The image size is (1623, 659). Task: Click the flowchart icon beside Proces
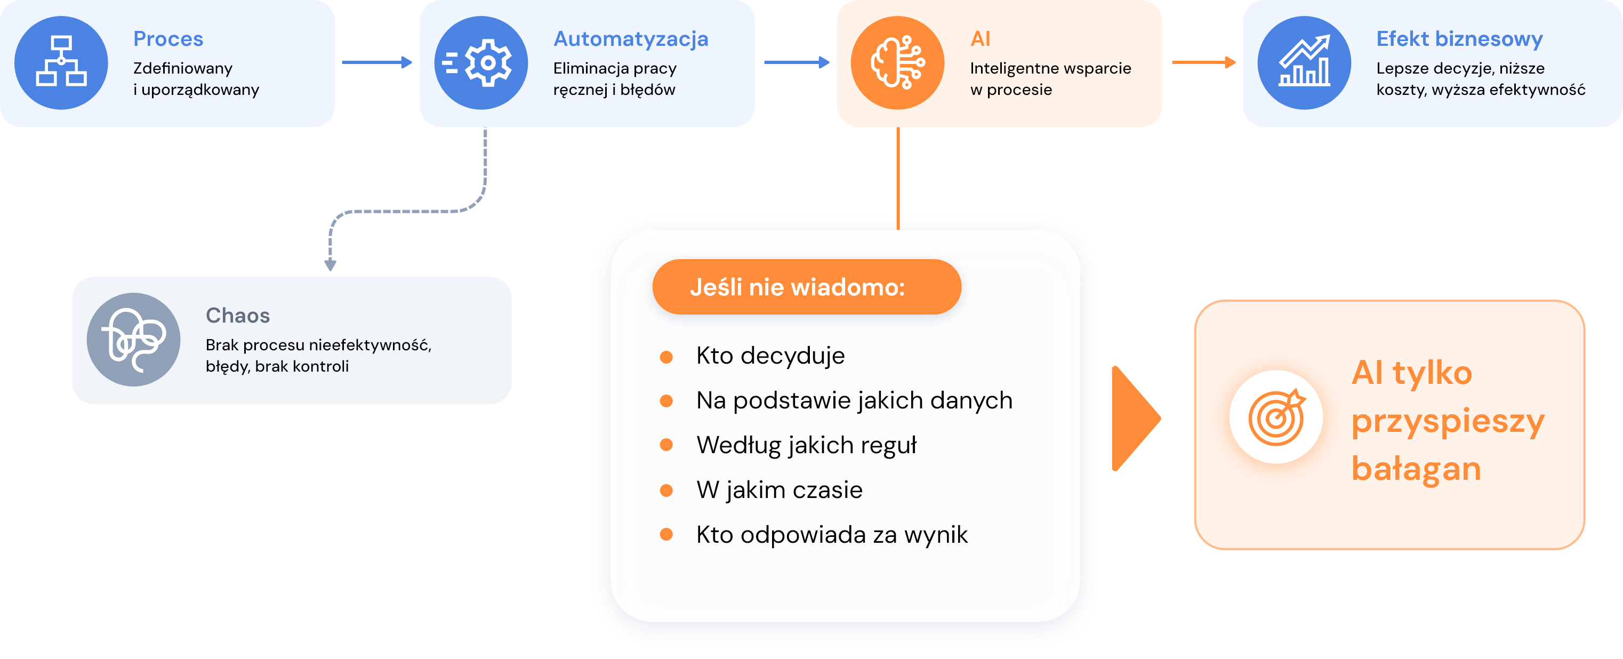click(61, 62)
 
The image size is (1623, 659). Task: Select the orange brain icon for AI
click(897, 62)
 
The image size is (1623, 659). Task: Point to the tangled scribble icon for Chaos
click(134, 340)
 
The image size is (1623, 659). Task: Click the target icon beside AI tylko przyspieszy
click(1276, 417)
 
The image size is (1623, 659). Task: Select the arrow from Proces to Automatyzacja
click(377, 62)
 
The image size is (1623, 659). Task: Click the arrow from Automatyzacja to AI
click(797, 62)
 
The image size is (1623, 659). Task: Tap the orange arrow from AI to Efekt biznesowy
click(1203, 62)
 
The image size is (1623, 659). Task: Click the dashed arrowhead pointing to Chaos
click(330, 264)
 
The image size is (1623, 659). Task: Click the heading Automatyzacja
click(631, 39)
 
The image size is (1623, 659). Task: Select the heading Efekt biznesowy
click(1459, 39)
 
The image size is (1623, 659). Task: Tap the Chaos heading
click(237, 316)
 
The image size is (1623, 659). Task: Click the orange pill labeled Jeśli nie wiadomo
click(807, 287)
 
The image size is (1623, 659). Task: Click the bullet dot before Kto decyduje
click(666, 357)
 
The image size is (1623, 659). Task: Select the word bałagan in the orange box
click(1416, 469)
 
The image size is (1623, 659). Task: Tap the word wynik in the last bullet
click(936, 535)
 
